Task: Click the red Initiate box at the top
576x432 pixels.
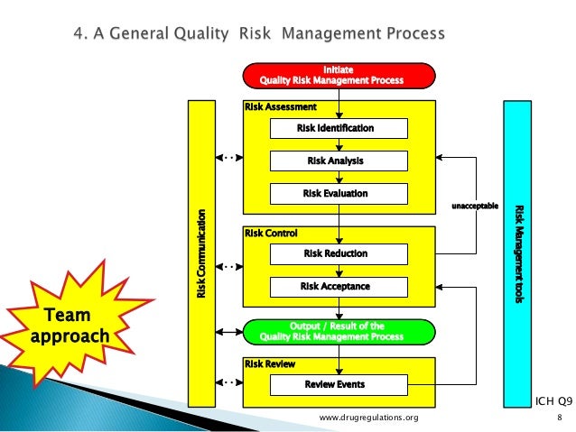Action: (338, 75)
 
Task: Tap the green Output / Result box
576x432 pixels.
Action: (338, 331)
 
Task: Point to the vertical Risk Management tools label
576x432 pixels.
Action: (519, 253)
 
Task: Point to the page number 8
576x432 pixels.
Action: (560, 418)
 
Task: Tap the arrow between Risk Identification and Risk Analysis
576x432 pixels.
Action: (339, 145)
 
